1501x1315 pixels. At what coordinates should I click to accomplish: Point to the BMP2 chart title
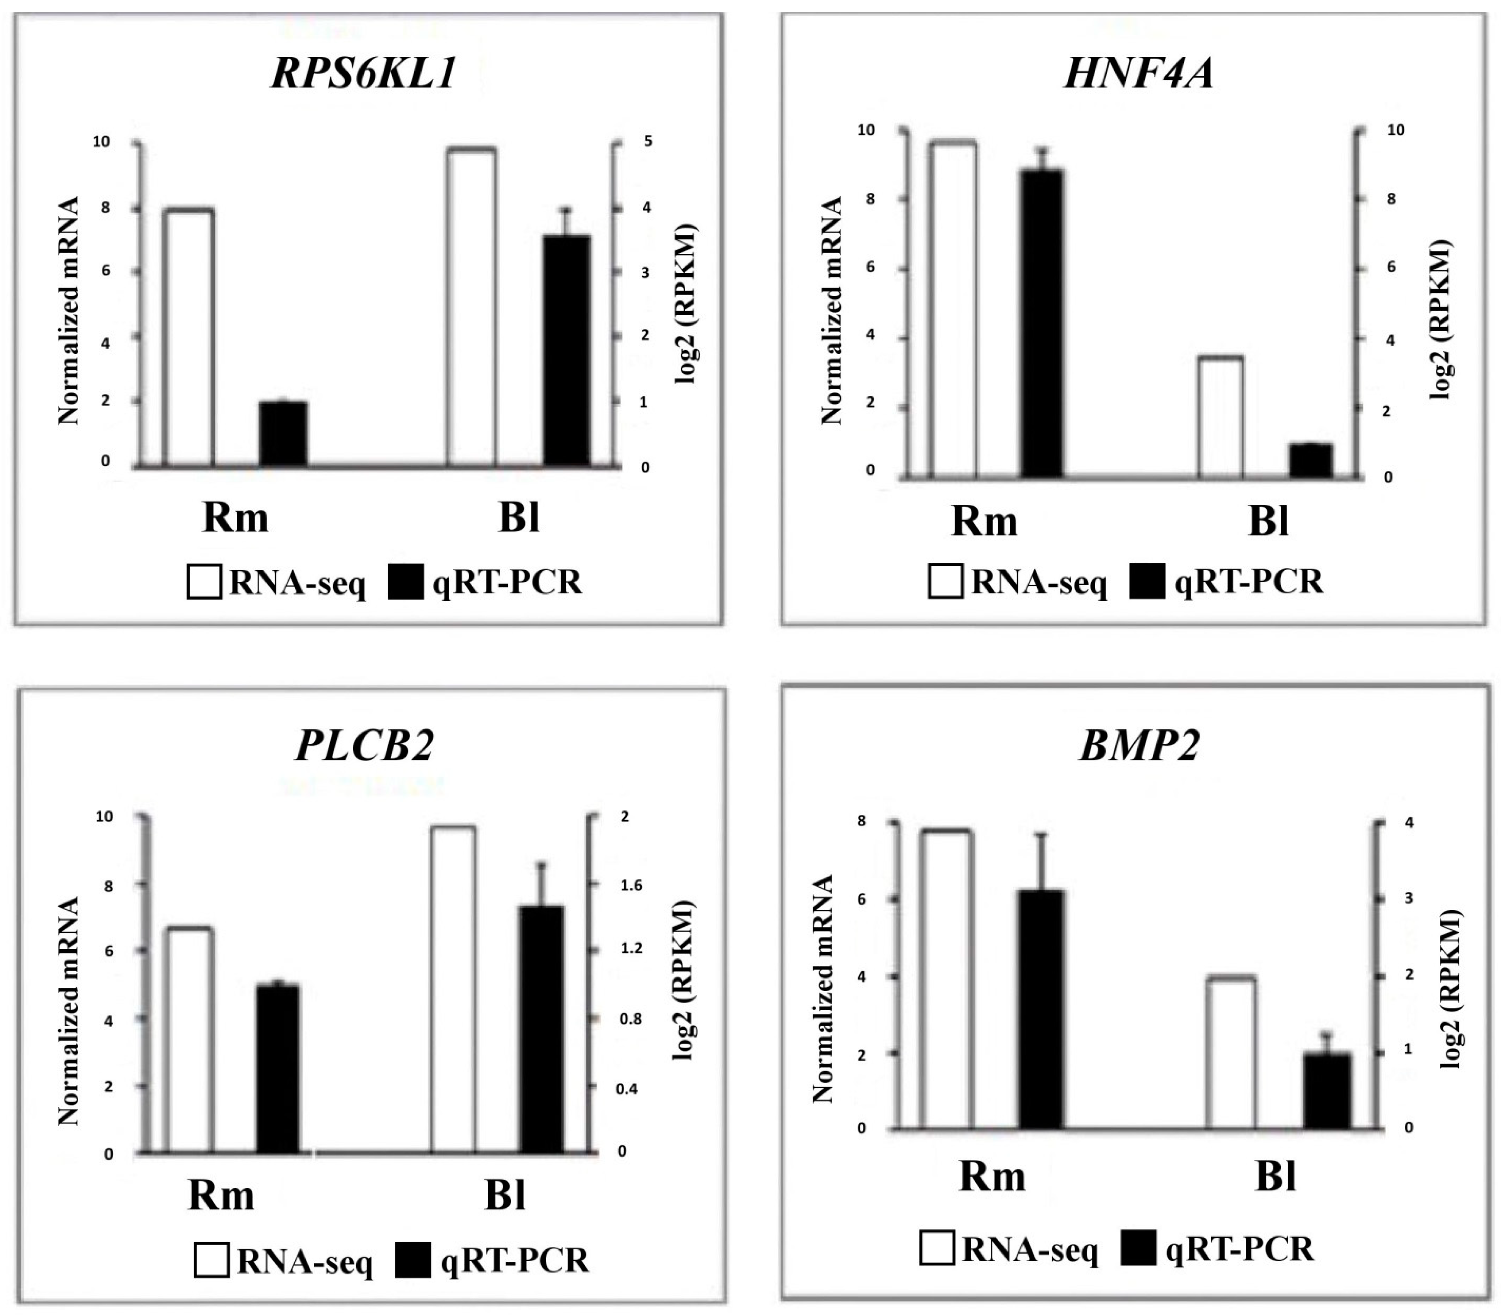click(1139, 746)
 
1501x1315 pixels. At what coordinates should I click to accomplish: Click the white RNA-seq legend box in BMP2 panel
click(936, 1250)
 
